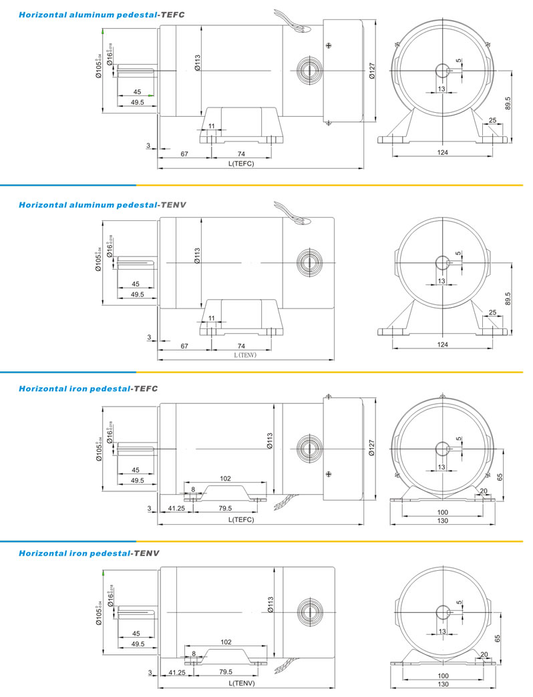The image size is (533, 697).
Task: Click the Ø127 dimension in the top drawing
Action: tap(372, 71)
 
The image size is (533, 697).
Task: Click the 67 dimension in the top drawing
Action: tap(184, 154)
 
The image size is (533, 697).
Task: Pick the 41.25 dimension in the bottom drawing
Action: tap(176, 672)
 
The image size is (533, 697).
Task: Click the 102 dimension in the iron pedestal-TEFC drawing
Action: tap(225, 478)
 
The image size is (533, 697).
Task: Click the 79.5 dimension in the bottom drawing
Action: tap(225, 672)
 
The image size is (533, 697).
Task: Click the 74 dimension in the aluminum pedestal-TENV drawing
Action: tap(241, 346)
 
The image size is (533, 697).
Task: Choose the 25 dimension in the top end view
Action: tap(493, 121)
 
